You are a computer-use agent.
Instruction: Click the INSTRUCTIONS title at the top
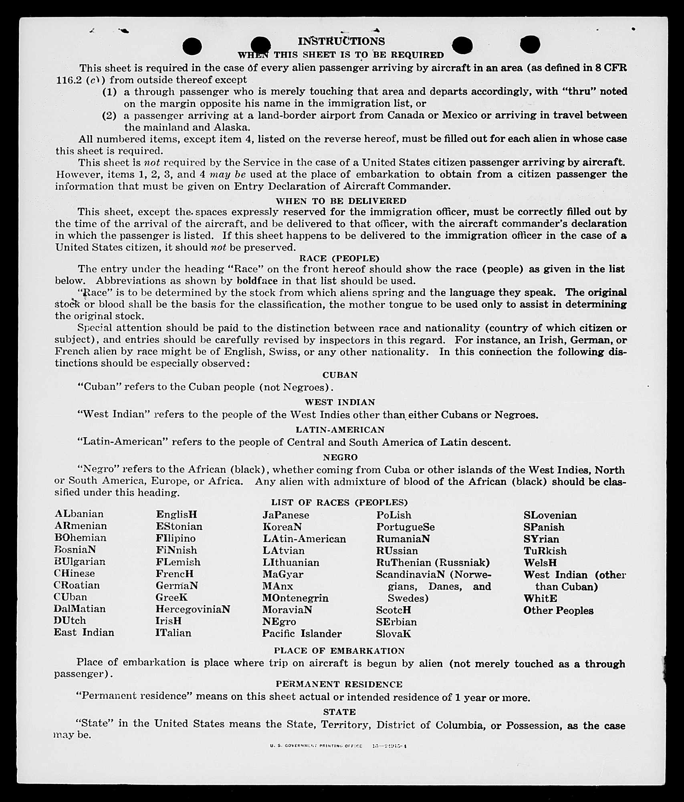(x=341, y=41)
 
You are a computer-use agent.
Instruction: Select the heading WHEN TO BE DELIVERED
(x=341, y=200)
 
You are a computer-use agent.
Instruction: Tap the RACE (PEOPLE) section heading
(x=339, y=258)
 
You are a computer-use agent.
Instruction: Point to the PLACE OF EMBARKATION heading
(x=339, y=650)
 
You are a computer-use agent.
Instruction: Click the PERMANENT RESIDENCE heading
(x=339, y=684)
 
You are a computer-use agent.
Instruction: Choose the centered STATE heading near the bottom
(x=339, y=711)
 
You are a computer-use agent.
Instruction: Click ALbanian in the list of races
(x=79, y=514)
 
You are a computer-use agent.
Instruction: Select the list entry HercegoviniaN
(x=193, y=609)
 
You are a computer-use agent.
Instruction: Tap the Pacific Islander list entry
(x=302, y=633)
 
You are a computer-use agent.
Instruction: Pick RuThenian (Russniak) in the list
(x=433, y=562)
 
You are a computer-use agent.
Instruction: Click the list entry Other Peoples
(x=558, y=610)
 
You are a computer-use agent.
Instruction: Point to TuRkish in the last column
(x=545, y=551)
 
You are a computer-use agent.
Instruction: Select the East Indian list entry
(x=84, y=632)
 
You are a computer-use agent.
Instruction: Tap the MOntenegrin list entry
(x=295, y=598)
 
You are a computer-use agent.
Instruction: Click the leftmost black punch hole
(x=192, y=46)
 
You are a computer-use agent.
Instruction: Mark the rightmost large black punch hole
(x=530, y=44)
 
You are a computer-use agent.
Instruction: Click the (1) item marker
(x=109, y=92)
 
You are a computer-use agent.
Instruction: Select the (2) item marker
(x=109, y=116)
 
